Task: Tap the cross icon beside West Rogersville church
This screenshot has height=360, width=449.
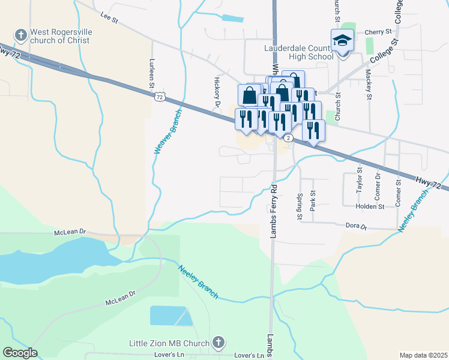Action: [21, 35]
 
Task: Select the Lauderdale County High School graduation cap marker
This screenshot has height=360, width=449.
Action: [343, 41]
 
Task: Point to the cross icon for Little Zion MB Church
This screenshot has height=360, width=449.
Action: [218, 343]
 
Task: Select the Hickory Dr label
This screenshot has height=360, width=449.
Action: [217, 91]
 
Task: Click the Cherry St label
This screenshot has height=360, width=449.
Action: [378, 31]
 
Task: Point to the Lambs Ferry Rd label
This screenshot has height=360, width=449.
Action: [273, 211]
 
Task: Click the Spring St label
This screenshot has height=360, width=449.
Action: [300, 206]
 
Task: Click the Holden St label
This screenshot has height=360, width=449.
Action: [370, 206]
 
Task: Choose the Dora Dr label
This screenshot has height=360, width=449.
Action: [356, 226]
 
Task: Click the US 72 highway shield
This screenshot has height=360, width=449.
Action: [159, 96]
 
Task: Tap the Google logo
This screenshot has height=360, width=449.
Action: [20, 353]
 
